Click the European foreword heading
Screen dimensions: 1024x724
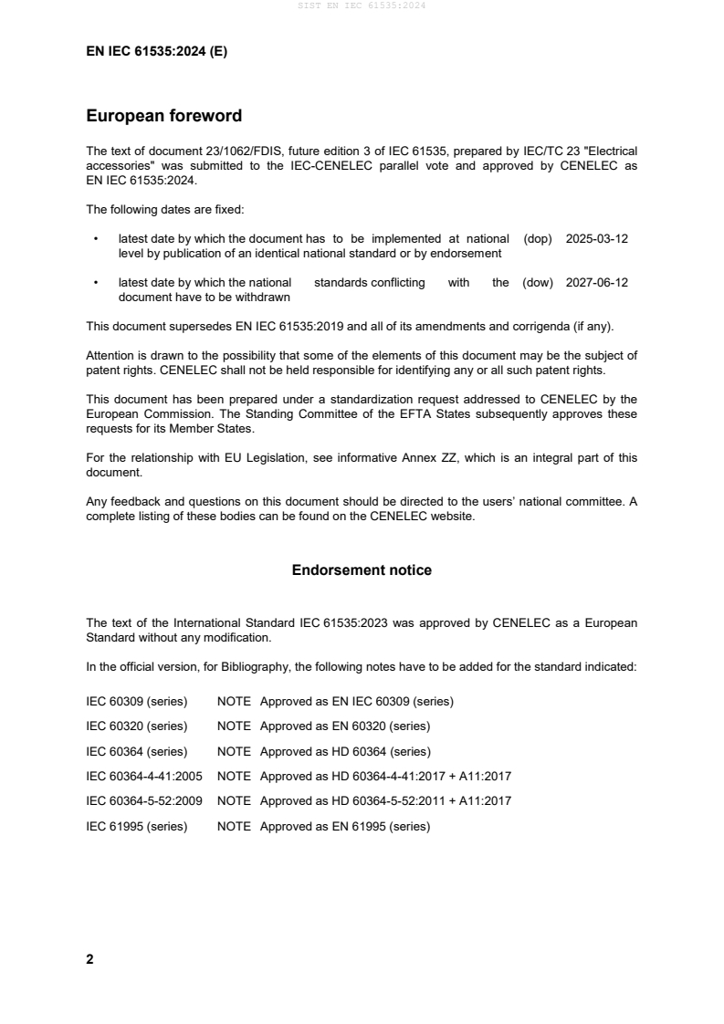coord(163,116)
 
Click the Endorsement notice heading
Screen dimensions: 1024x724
coord(362,570)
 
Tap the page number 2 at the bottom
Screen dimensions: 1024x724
coord(89,959)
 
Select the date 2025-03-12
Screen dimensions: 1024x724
coord(597,238)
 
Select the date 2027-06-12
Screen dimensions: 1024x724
coord(597,283)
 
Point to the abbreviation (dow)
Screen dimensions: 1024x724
coord(538,283)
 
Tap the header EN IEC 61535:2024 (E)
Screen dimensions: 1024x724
coord(156,52)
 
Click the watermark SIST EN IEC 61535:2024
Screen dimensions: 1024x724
coord(362,5)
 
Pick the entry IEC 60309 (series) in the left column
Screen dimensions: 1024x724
coord(137,702)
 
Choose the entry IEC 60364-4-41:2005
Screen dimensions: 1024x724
coord(144,777)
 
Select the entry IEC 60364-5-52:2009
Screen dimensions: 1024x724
coord(144,801)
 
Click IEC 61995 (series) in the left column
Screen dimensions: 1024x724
coord(137,827)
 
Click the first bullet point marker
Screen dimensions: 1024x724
coord(96,238)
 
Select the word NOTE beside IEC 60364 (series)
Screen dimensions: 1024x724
coord(234,752)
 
